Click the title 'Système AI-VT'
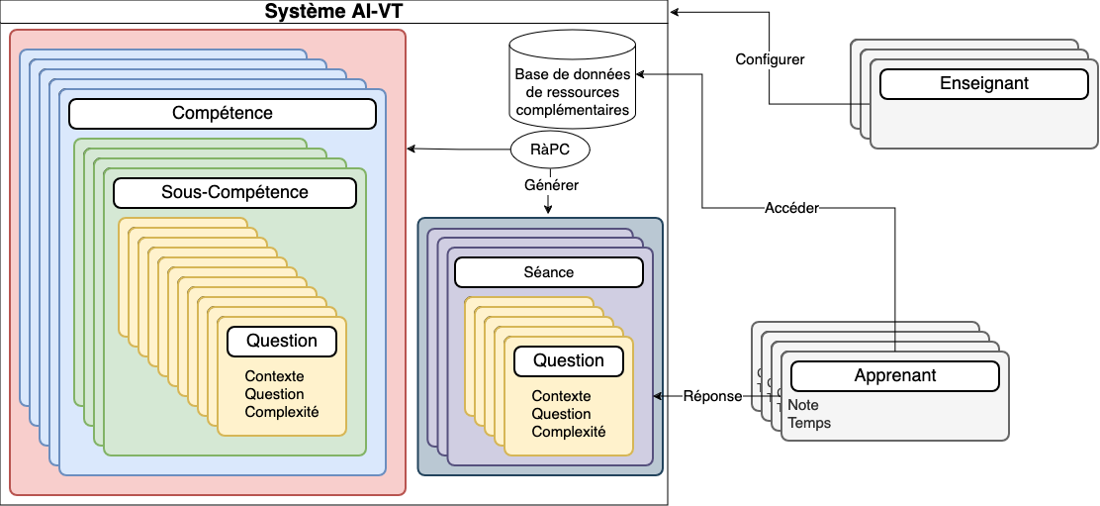click(333, 12)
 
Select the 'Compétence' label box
click(223, 113)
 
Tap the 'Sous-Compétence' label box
click(234, 192)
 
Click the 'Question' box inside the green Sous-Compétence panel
click(282, 342)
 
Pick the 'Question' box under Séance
click(569, 361)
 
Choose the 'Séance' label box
click(548, 271)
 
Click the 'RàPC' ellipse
click(550, 151)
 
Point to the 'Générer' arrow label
click(551, 184)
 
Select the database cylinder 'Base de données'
click(572, 79)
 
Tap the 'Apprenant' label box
click(894, 376)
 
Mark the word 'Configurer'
click(770, 59)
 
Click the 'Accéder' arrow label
click(791, 208)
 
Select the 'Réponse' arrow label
click(712, 396)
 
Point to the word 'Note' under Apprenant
click(803, 405)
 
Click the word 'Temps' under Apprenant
click(809, 423)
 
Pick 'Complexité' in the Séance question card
click(569, 432)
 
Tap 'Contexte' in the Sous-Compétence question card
click(274, 376)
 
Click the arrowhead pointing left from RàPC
click(412, 150)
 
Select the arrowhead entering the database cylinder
click(640, 74)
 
